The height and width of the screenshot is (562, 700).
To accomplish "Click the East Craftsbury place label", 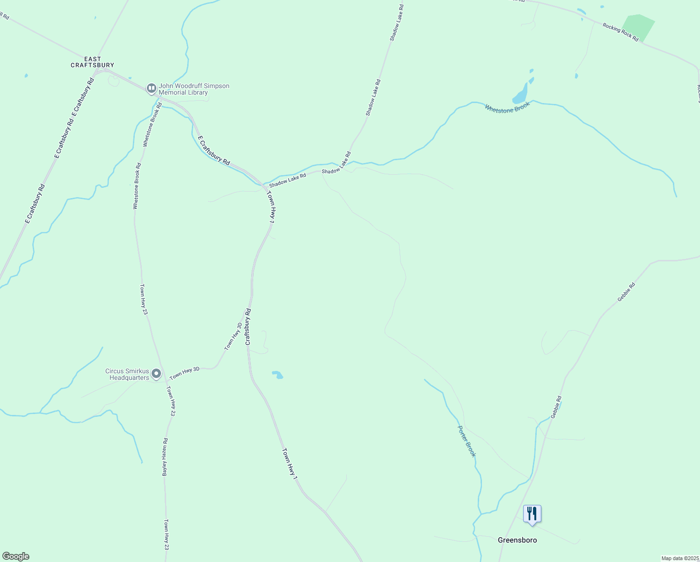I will click(x=92, y=62).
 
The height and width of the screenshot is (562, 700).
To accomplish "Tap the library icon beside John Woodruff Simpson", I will click(x=151, y=88).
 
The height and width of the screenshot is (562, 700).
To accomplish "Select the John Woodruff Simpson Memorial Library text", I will click(x=194, y=89).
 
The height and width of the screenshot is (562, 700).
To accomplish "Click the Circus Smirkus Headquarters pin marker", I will click(x=156, y=374).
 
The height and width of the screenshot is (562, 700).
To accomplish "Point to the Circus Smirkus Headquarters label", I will click(x=127, y=374).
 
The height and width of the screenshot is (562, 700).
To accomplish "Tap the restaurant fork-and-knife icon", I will click(x=532, y=514).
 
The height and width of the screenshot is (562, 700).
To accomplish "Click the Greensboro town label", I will click(x=517, y=540).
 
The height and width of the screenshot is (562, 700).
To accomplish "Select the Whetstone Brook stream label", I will click(x=507, y=107).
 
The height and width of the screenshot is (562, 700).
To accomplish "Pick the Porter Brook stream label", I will click(x=467, y=441).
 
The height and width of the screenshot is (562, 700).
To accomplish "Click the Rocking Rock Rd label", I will click(x=620, y=32).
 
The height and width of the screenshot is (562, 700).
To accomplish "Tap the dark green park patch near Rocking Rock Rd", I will click(x=637, y=28).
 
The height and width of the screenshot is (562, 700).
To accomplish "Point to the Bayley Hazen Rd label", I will click(x=165, y=457).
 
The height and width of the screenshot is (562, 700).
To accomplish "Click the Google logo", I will click(x=15, y=556).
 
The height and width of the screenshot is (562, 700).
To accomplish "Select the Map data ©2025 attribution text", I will click(x=680, y=558).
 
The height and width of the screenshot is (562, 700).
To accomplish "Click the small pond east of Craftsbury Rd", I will click(x=277, y=375).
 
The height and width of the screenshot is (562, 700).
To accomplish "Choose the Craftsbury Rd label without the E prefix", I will click(x=248, y=327).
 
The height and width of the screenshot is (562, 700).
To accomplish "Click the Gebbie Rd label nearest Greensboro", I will click(x=556, y=407).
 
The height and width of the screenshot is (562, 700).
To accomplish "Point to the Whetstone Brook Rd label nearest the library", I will click(x=152, y=125).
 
